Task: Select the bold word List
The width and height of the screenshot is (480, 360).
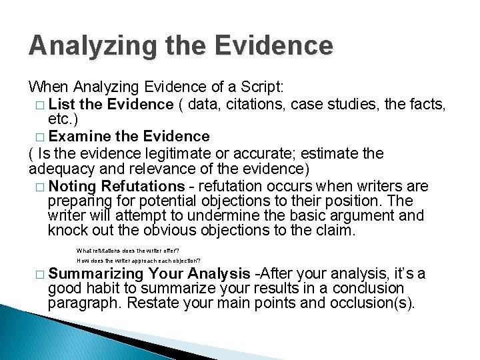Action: [x=62, y=104]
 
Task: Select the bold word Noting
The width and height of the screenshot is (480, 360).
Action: [x=73, y=186]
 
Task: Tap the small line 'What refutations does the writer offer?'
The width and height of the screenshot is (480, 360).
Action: [x=128, y=251]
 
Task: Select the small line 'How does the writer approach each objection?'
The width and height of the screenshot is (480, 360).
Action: [x=139, y=261]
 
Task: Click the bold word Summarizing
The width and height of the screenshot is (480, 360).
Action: [x=96, y=273]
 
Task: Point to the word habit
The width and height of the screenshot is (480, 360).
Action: [x=107, y=288]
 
